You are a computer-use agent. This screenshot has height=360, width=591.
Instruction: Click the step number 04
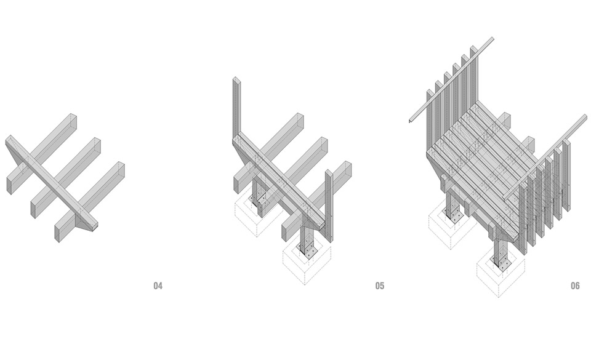(x=158, y=286)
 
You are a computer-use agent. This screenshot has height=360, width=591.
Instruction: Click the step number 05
(x=380, y=286)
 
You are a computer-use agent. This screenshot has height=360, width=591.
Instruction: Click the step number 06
(x=575, y=286)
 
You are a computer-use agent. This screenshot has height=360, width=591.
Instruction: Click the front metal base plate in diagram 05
(x=308, y=251)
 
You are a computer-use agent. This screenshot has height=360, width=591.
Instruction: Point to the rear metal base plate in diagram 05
(x=260, y=199)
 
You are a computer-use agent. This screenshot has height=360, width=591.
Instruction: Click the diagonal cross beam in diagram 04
(x=52, y=182)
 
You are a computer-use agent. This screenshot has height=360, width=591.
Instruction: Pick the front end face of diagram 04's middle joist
(x=33, y=209)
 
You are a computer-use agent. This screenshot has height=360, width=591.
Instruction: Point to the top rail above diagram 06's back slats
(x=451, y=79)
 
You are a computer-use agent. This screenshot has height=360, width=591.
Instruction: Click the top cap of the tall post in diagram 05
(x=236, y=79)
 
